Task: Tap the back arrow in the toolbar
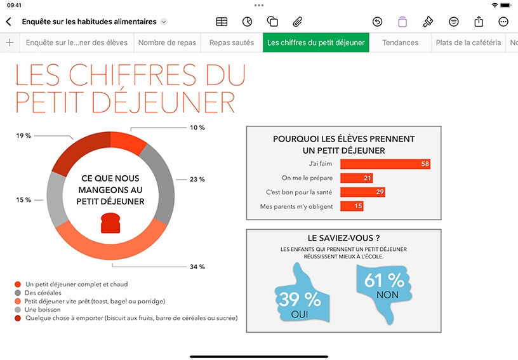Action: point(9,22)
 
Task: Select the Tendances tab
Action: point(400,43)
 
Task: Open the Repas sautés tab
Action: point(232,43)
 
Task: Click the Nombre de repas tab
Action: point(167,43)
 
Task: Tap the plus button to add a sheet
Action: point(10,43)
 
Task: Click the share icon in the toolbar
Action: point(479,22)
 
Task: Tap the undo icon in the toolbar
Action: point(377,22)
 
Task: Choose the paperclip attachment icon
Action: point(298,22)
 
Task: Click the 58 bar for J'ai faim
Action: point(385,164)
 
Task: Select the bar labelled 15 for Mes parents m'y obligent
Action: point(352,206)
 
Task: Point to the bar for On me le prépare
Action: point(357,178)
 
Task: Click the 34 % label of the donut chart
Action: point(197,267)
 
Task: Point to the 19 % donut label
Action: point(23,136)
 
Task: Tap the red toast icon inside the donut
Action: point(110,223)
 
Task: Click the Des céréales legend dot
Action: point(18,293)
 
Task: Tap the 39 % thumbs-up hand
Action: point(302,293)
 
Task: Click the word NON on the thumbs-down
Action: point(387,295)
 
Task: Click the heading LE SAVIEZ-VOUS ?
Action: point(343,238)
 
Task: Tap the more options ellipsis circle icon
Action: point(503,22)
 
